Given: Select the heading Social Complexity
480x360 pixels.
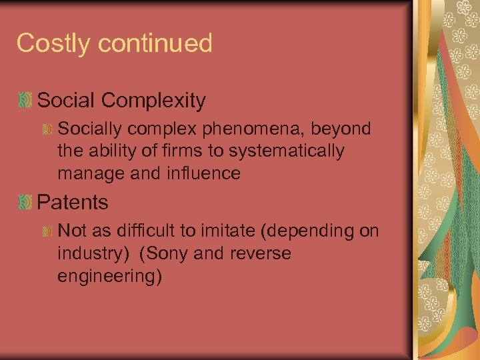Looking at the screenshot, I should (x=121, y=101).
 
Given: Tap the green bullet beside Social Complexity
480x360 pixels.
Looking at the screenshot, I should (x=25, y=101).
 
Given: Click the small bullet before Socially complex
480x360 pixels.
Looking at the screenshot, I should (x=47, y=130).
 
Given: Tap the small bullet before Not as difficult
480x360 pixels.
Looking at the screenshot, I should (x=47, y=231).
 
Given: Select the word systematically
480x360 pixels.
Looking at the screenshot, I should (x=287, y=151).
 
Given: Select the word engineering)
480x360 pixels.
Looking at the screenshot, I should (x=109, y=276).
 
